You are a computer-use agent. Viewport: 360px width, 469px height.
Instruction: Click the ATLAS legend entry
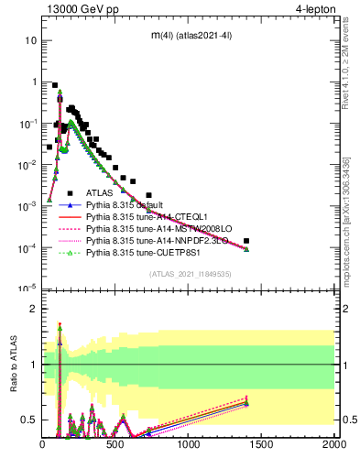[99, 192]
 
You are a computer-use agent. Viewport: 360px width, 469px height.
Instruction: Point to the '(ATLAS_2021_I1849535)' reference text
[190, 274]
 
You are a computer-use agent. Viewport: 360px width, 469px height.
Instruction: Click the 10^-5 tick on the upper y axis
[27, 289]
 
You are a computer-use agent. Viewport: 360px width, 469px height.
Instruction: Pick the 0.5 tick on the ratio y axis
[29, 420]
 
